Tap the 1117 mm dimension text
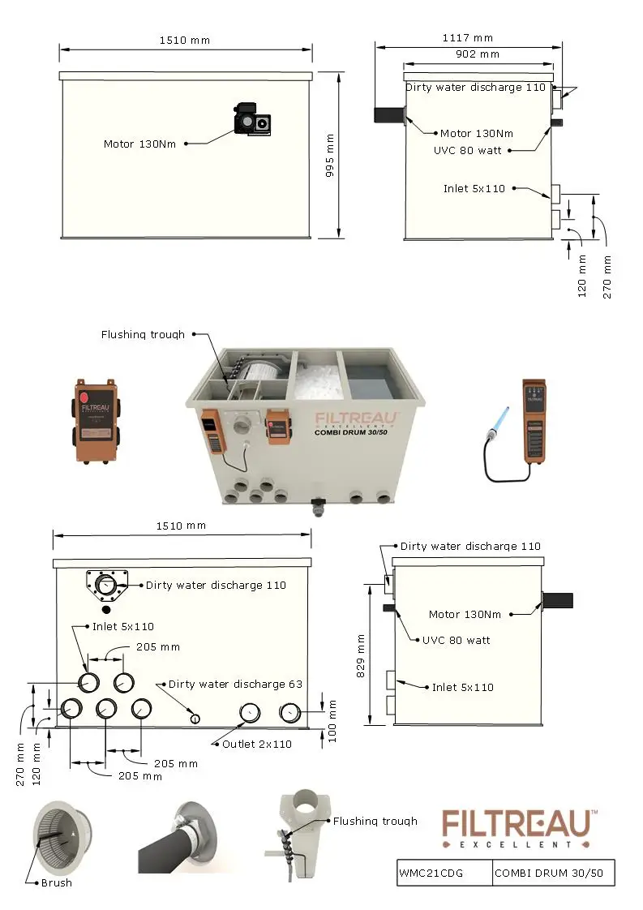[467, 37]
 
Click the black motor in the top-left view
[253, 119]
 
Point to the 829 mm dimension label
[361, 655]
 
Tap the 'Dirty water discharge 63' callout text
[235, 684]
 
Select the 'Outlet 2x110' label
[257, 744]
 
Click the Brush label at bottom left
[56, 882]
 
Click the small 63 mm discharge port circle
[195, 718]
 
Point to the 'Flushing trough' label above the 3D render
[143, 334]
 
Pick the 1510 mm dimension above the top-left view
[185, 40]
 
